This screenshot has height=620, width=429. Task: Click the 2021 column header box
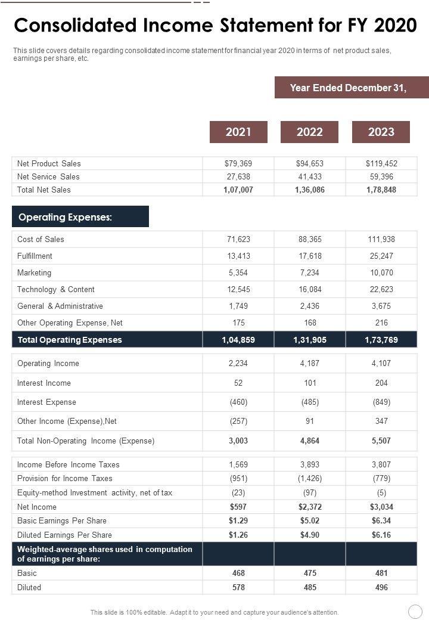click(238, 132)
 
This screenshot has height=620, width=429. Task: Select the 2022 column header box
click(309, 132)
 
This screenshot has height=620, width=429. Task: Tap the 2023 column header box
click(381, 132)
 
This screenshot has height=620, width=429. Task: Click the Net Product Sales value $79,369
click(238, 163)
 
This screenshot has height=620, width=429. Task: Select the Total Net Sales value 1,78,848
click(381, 190)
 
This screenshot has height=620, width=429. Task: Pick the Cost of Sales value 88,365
click(310, 239)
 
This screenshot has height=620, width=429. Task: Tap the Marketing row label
click(34, 272)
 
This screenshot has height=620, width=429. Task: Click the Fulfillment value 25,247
click(381, 256)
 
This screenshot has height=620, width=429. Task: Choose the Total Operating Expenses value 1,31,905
click(310, 340)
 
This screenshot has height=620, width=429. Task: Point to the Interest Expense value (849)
click(381, 402)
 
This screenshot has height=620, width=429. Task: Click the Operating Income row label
click(48, 363)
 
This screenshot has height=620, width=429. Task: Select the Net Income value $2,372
click(310, 507)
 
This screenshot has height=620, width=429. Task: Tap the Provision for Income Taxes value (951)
click(238, 478)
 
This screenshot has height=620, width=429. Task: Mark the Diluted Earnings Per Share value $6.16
click(381, 535)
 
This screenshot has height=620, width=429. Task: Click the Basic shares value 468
click(238, 573)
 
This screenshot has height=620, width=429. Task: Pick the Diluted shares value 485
click(310, 587)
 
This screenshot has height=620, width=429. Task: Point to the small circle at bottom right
click(415, 612)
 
